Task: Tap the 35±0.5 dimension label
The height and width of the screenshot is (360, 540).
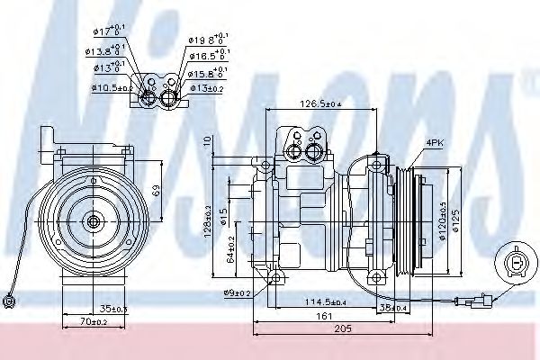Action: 113,309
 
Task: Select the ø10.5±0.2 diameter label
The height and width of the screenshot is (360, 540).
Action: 111,87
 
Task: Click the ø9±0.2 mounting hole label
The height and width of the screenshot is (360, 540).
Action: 237,292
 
